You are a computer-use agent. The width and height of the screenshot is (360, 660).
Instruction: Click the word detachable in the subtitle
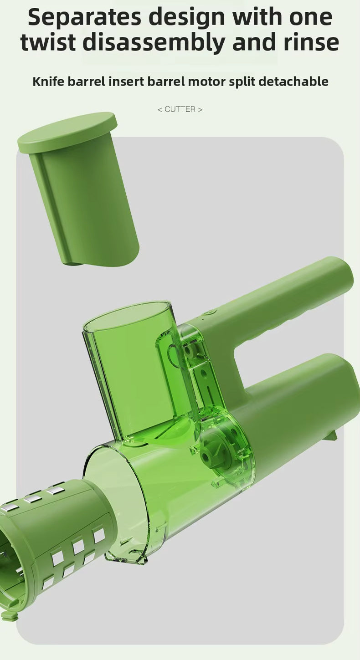coord(293,82)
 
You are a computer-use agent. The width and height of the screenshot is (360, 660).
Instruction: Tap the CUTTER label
coord(180,109)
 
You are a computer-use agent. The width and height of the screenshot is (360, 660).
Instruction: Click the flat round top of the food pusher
coord(67,132)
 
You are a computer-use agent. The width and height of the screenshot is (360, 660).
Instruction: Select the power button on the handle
coord(211,312)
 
